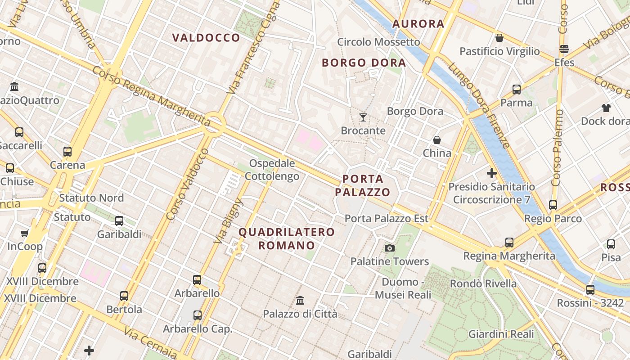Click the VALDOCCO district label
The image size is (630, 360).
206,38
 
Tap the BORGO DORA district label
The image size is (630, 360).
364,63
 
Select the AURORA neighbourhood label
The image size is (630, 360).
418,24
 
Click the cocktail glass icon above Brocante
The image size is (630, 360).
363,118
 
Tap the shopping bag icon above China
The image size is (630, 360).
436,140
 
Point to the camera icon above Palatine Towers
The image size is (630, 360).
390,248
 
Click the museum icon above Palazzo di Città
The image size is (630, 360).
300,300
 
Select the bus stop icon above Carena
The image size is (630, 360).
67,152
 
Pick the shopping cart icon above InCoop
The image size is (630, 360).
25,233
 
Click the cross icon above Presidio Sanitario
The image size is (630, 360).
492,173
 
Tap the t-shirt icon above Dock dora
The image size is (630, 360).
606,108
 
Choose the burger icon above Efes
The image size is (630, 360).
564,49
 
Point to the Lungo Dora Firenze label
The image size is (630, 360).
480,105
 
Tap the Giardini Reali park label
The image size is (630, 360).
501,334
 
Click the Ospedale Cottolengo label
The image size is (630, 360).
272,170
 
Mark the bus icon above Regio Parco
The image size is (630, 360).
553,205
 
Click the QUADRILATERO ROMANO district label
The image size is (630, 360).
287,238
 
